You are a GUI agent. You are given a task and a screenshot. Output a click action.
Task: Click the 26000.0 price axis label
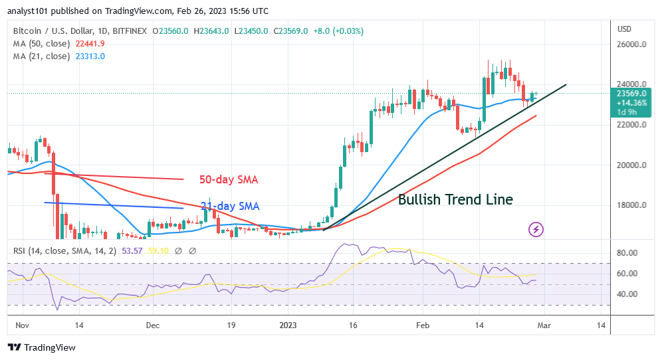coord(631,45)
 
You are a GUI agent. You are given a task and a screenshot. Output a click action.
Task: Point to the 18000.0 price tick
coord(631,205)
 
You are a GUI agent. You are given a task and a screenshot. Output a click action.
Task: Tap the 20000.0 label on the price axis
coord(631,165)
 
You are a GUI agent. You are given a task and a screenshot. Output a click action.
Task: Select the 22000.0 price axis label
coord(631,125)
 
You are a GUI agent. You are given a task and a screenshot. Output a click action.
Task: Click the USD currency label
coord(624,29)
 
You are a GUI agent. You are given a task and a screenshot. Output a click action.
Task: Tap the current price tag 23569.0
coord(631,94)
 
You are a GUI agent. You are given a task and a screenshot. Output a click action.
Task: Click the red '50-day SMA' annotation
coord(229,180)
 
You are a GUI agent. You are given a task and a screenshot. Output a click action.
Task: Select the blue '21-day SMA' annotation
coord(229,206)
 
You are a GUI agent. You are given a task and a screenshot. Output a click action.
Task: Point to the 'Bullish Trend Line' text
coord(455,199)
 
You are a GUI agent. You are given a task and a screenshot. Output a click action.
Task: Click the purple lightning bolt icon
coord(536,230)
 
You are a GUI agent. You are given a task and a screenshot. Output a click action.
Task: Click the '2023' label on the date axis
coord(288,325)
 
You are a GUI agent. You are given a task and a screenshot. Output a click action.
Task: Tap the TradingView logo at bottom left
coord(42,347)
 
